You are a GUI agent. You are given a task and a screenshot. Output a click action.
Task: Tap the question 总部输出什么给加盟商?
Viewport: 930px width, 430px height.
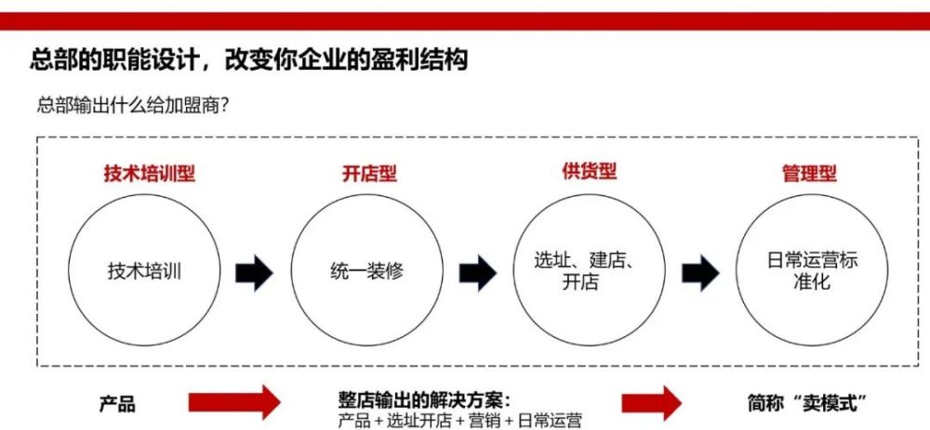(133, 106)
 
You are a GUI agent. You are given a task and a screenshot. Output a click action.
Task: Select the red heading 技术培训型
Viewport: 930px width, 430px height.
(150, 174)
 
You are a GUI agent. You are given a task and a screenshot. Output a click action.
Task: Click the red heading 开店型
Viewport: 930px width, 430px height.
(369, 174)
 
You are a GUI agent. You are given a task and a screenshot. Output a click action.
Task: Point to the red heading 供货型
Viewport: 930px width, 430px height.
(589, 171)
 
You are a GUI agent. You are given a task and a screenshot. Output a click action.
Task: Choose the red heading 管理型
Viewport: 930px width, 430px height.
(810, 174)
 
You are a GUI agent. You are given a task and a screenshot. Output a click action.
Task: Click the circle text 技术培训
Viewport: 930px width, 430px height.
(144, 272)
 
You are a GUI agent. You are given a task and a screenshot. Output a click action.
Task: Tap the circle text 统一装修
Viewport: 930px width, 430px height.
(366, 272)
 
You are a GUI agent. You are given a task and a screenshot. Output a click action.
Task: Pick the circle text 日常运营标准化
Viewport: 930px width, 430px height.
(812, 270)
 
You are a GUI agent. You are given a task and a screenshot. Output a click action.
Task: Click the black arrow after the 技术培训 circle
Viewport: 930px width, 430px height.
(255, 273)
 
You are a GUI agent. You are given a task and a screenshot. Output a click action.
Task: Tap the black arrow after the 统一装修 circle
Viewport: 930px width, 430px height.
(477, 273)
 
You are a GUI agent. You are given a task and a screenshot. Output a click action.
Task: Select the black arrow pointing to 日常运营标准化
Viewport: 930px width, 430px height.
(700, 273)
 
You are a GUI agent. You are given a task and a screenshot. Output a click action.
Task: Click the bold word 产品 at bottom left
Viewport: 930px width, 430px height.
(117, 405)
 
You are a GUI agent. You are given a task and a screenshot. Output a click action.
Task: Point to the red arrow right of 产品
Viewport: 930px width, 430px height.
(234, 403)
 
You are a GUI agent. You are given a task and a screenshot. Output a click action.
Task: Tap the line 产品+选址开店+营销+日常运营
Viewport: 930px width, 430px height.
(460, 420)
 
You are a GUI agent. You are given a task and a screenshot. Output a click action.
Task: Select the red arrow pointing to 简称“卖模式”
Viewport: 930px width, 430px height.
(652, 403)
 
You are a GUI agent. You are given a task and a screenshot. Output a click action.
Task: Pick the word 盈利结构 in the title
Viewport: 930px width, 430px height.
(423, 59)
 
